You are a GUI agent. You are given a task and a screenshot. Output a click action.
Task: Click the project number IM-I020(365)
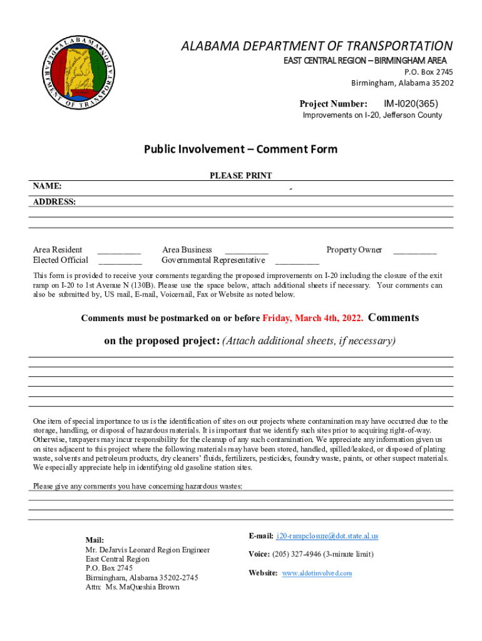coord(411,103)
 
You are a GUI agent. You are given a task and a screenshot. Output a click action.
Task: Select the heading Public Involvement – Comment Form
coord(240,149)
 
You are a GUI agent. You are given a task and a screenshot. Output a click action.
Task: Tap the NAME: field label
coord(47,187)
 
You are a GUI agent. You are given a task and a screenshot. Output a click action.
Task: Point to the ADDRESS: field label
coord(54,202)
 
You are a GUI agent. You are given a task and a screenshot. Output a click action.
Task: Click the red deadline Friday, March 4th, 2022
coord(312,319)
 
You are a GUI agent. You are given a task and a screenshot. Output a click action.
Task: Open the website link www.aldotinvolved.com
coord(317,573)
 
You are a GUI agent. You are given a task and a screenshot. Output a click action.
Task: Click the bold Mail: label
coord(95,540)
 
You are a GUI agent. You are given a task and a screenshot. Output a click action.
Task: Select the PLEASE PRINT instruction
coord(240,176)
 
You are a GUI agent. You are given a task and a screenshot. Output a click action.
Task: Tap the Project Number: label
coord(333,103)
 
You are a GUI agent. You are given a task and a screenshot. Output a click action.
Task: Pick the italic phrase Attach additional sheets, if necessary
coord(309,341)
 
